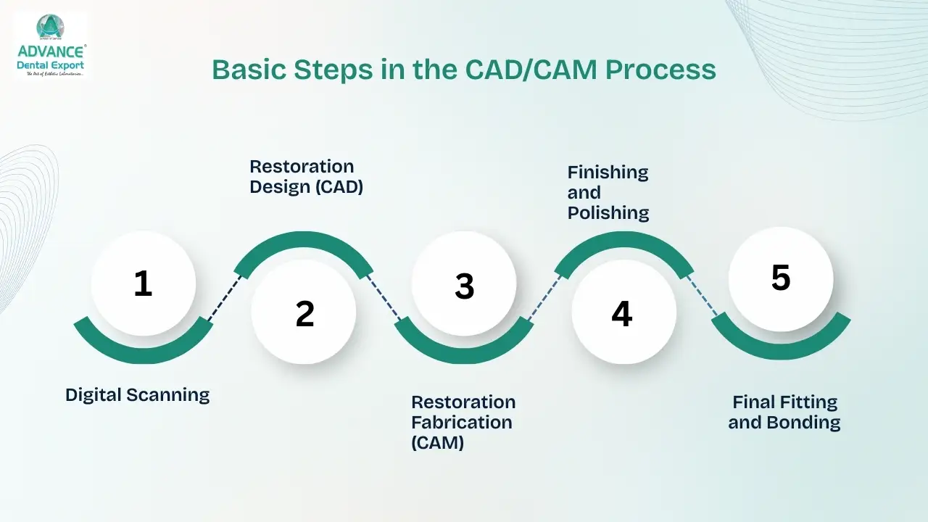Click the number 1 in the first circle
[143, 283]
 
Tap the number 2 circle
[304, 313]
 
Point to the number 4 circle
[622, 313]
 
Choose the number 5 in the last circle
[781, 278]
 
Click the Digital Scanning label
[137, 395]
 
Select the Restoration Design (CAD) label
[306, 177]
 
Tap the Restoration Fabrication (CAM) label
[463, 422]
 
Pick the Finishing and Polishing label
[608, 192]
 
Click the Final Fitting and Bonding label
[784, 412]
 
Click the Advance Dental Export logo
[50, 45]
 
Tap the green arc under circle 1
[143, 352]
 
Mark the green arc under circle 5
[781, 347]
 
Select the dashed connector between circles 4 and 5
[702, 297]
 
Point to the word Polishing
[608, 212]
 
